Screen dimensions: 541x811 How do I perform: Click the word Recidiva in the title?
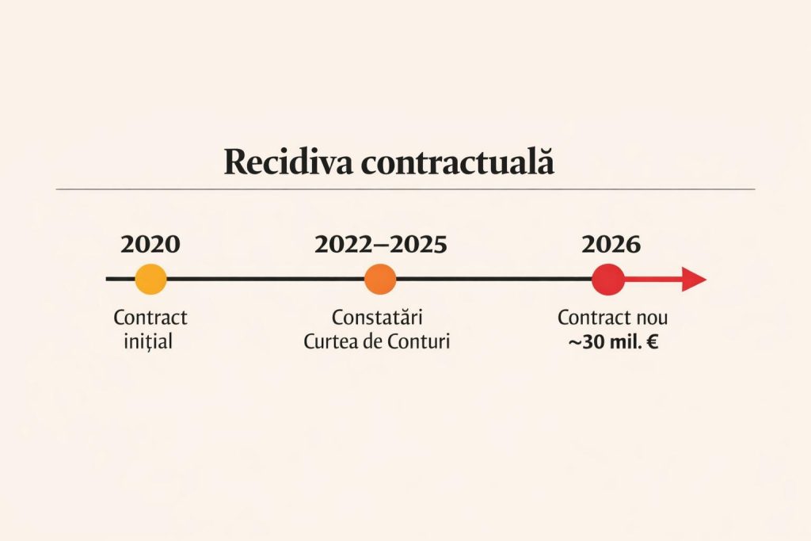(287, 162)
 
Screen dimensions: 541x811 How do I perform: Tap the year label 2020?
(150, 244)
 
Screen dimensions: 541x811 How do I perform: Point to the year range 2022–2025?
(381, 244)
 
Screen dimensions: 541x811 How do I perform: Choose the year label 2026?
(611, 244)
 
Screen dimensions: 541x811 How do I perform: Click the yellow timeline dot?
(150, 280)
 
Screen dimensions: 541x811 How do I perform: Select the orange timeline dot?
(380, 280)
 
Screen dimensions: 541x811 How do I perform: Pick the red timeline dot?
(608, 280)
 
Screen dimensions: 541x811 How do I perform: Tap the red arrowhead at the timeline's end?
(694, 280)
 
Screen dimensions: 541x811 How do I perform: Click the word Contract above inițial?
(150, 318)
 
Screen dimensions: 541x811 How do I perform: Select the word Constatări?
(376, 318)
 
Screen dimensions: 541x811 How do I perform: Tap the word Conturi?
(421, 343)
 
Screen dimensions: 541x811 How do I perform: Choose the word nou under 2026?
(649, 318)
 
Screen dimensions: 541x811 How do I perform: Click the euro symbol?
(653, 343)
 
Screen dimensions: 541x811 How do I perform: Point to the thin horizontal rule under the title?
(405, 189)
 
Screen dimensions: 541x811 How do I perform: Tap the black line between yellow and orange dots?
(265, 279)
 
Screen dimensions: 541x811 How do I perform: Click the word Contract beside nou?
(592, 318)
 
